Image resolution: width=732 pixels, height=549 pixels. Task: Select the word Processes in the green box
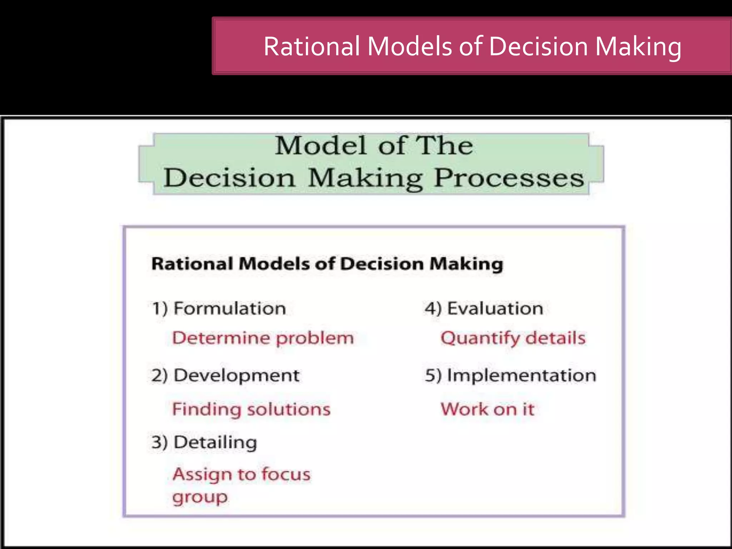click(509, 178)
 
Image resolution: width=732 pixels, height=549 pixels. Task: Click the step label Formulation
click(229, 308)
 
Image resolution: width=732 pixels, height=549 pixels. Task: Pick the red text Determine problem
click(263, 338)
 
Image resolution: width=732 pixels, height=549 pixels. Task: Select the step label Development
click(236, 375)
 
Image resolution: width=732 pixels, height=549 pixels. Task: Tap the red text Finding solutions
click(251, 409)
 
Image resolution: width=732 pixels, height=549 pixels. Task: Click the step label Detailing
click(215, 442)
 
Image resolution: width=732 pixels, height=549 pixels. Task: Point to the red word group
click(200, 497)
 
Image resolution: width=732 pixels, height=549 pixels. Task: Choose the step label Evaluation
click(495, 308)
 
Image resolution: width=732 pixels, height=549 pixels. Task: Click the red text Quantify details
click(513, 338)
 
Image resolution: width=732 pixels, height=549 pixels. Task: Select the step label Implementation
click(521, 375)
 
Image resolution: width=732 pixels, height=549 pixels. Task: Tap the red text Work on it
click(488, 409)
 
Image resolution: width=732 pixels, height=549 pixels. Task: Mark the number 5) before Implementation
click(433, 375)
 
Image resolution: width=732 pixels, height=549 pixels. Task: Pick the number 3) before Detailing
click(159, 442)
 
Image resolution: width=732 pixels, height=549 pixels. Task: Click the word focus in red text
click(286, 474)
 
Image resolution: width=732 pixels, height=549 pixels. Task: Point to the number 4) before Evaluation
click(433, 308)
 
